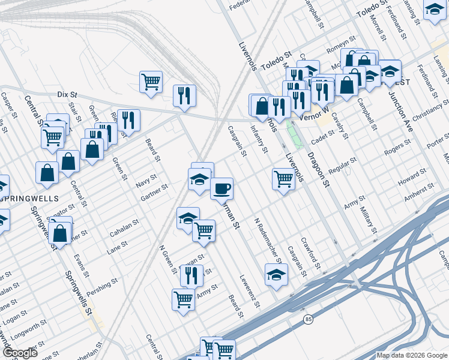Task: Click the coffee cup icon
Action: click(x=221, y=188)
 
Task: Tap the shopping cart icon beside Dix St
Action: click(x=151, y=82)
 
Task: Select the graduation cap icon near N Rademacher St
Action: click(x=276, y=274)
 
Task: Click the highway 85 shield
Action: click(x=309, y=319)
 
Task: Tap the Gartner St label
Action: click(x=154, y=193)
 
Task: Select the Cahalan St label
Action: click(x=124, y=227)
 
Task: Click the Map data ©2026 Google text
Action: click(x=412, y=355)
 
